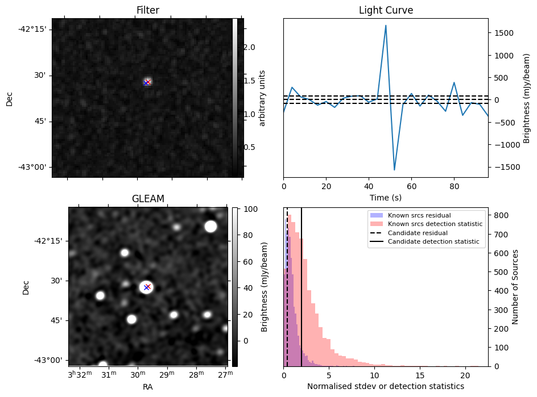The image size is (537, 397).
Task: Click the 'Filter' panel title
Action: coord(147,10)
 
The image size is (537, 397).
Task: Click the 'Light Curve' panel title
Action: coord(386,10)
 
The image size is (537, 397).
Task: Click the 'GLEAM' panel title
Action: coord(147,199)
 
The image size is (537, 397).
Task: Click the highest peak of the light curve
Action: coord(386,26)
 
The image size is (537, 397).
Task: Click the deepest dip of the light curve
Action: coord(394,169)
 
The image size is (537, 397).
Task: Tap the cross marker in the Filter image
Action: coord(147,82)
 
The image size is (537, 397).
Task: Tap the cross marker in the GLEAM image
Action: coord(147,287)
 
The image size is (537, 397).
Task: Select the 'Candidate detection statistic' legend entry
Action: coord(433,242)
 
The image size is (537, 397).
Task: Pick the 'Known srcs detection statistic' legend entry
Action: coord(435,224)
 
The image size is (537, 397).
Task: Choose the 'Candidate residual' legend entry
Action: coord(418,233)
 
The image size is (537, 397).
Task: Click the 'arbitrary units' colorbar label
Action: coord(262,98)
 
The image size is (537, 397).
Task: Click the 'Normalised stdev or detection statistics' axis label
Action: coord(386,386)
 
